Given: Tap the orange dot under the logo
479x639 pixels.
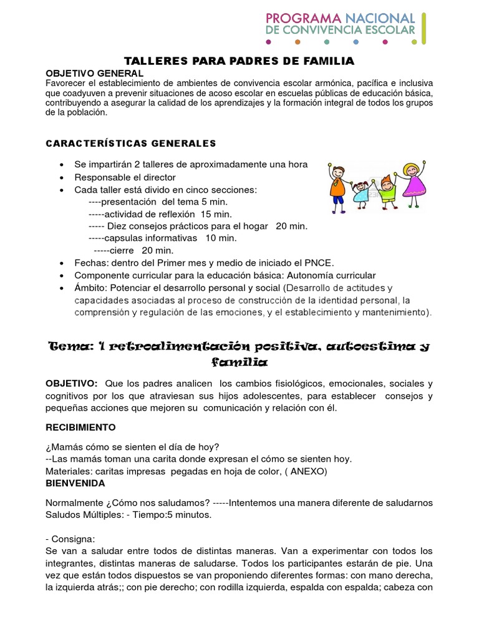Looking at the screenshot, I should pos(298,42).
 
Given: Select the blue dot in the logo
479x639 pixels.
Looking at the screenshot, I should pos(356,42).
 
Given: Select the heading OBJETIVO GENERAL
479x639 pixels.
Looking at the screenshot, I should pos(95,74).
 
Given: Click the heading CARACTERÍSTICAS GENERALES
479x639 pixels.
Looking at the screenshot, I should pos(131,144).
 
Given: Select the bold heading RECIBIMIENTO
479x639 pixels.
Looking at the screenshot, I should pos(81,428).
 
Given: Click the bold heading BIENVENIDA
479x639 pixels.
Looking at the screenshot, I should pos(75,483).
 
